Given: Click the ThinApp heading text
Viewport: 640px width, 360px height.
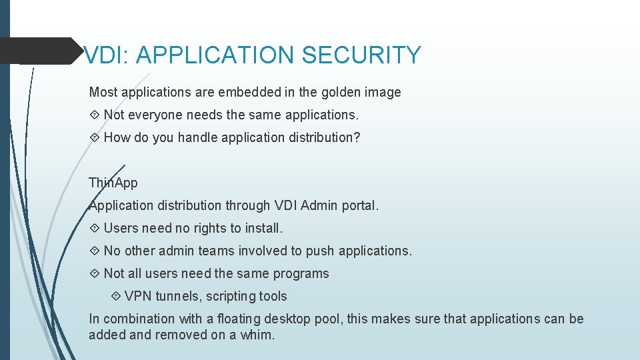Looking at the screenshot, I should pos(113,183).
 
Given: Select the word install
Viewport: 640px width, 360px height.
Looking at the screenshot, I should pos(264,228).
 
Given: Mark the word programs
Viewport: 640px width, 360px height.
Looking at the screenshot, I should pos(301,273).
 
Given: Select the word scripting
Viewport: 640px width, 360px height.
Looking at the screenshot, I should pos(232,296).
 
